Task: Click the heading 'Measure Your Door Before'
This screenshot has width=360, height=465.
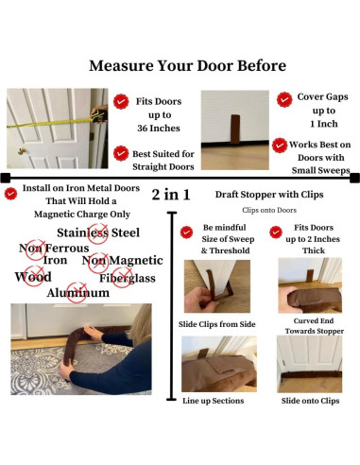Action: click(188, 66)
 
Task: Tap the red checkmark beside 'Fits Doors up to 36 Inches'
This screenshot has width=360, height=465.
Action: click(121, 101)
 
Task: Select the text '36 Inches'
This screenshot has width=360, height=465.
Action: click(159, 129)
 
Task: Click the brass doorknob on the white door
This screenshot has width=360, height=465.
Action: click(22, 151)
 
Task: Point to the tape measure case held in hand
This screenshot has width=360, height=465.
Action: click(99, 116)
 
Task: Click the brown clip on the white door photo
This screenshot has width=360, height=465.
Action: click(235, 129)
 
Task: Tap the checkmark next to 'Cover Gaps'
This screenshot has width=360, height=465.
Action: click(284, 99)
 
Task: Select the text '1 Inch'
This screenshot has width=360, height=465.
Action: click(324, 124)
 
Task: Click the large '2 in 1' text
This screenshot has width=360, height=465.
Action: click(171, 195)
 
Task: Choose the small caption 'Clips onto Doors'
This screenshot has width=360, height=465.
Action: click(269, 210)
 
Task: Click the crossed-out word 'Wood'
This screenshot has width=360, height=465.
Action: click(33, 277)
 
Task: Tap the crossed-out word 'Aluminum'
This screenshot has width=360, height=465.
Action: click(78, 293)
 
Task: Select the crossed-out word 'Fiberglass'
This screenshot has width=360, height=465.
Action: click(128, 278)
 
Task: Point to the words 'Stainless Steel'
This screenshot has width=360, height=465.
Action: click(98, 232)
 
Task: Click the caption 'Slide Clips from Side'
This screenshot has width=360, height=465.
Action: click(217, 324)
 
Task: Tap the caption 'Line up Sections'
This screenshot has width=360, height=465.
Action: click(214, 401)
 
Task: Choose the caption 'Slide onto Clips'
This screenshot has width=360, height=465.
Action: click(310, 401)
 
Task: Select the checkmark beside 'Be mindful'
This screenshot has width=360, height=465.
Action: click(186, 232)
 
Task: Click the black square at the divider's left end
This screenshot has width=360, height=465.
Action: click(6, 178)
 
